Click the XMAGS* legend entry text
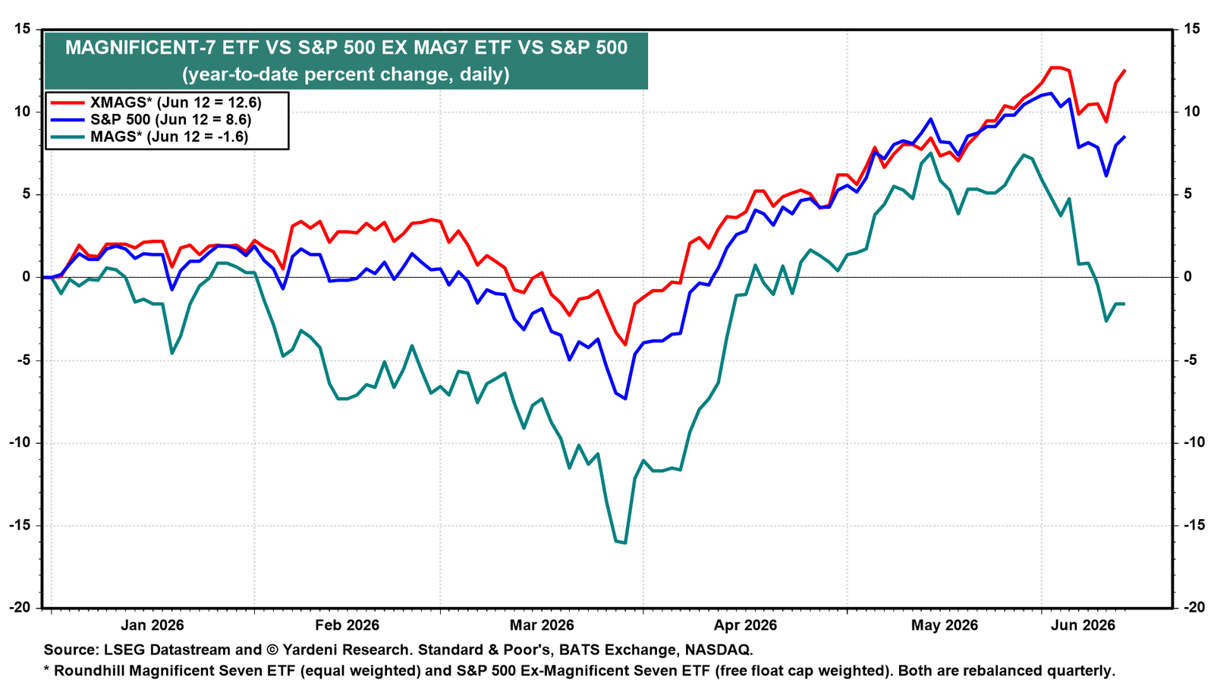pos(175,102)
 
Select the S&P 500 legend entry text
pos(171,119)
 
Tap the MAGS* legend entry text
pos(169,136)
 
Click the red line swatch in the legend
pos(68,102)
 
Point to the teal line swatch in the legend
pos(68,137)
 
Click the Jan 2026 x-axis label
pos(153,625)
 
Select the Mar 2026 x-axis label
pos(542,625)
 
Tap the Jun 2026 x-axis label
pos(1083,625)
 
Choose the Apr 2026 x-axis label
pos(745,625)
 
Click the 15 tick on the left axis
pos(22,29)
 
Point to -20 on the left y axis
pos(20,607)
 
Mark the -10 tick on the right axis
pos(1194,442)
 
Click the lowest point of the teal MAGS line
pos(625,543)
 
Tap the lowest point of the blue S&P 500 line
pos(625,399)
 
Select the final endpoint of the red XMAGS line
pos(1125,70)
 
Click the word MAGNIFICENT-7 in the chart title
pos(140,48)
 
